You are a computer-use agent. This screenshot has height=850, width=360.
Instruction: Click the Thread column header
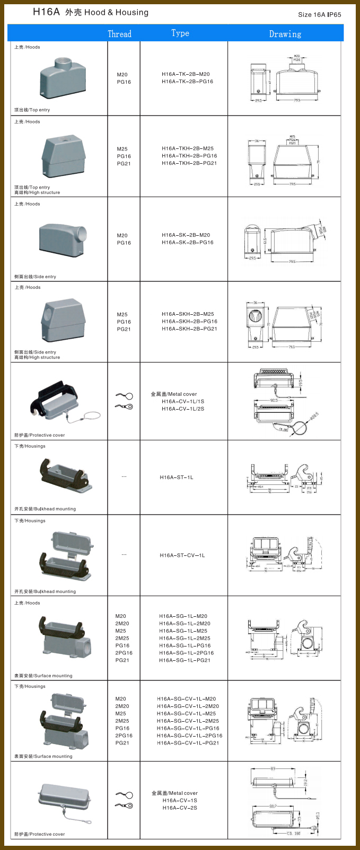tap(119, 34)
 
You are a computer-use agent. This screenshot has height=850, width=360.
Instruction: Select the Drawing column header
tap(285, 34)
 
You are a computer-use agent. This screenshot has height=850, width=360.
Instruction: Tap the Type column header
tap(180, 33)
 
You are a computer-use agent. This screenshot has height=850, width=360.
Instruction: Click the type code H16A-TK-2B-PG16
tap(187, 82)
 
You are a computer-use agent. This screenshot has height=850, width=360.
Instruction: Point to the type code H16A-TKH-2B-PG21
tap(189, 163)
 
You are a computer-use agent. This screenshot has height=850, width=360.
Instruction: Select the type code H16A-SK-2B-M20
tap(186, 235)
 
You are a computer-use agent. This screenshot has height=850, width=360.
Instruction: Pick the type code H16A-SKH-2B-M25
tap(188, 314)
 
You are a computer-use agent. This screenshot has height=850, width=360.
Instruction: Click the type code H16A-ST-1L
tap(177, 477)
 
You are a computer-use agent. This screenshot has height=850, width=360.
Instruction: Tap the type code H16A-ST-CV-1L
tap(182, 555)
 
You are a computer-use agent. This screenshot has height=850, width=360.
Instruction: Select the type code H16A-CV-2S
tap(180, 808)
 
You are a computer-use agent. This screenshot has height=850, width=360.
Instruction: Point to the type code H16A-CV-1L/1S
tap(183, 401)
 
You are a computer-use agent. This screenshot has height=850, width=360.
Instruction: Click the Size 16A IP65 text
tap(319, 14)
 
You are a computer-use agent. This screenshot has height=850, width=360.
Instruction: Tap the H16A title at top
tap(46, 12)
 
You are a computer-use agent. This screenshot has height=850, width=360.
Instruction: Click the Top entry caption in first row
tap(32, 110)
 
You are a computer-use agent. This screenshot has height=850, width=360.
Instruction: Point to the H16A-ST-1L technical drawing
tap(284, 477)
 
